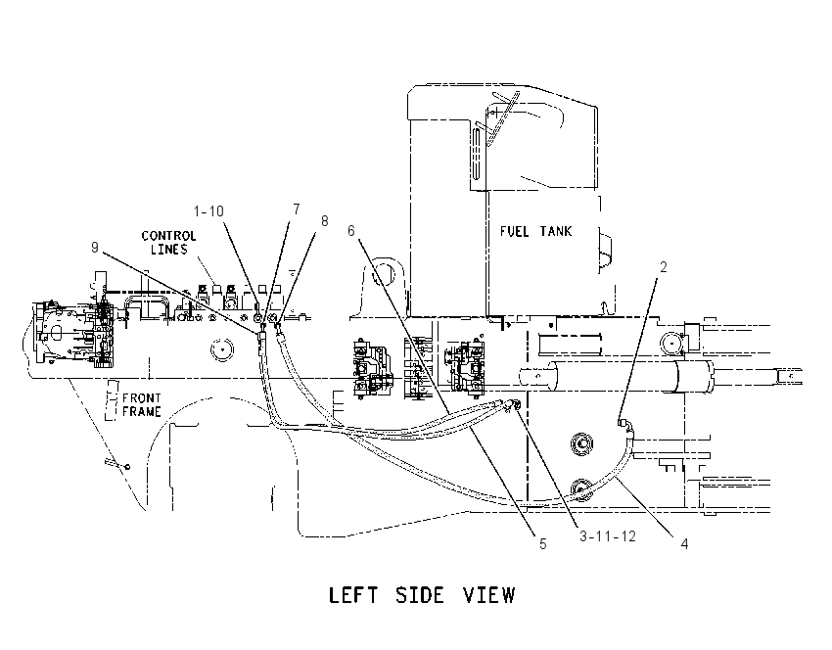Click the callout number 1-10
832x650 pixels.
208,211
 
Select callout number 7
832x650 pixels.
296,209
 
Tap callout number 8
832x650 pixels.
324,220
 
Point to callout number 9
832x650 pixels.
95,248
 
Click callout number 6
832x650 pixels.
351,231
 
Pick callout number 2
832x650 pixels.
663,267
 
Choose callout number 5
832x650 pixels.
542,544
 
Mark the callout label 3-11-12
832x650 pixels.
607,536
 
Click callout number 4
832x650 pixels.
684,544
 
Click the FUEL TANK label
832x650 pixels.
536,231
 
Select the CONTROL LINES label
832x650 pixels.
168,243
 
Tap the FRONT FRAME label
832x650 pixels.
142,404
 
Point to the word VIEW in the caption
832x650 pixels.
489,595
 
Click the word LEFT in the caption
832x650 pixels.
352,595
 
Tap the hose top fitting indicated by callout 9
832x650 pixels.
261,336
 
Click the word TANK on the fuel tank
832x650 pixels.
556,231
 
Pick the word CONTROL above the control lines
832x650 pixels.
168,236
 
